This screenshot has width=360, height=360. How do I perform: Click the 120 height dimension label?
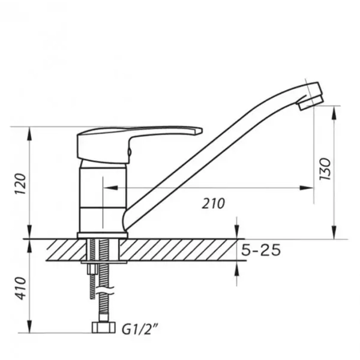point(20,184)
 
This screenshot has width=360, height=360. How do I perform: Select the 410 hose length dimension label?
point(21,289)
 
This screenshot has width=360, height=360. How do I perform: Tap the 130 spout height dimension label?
point(326,169)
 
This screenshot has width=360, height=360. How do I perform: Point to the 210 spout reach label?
point(214,203)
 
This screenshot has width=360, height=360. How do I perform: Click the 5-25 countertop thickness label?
point(261,250)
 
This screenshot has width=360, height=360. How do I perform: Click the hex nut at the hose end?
point(103,328)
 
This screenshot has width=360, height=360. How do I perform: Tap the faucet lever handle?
point(138,142)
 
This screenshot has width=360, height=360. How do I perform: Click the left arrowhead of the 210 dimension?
point(111,188)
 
